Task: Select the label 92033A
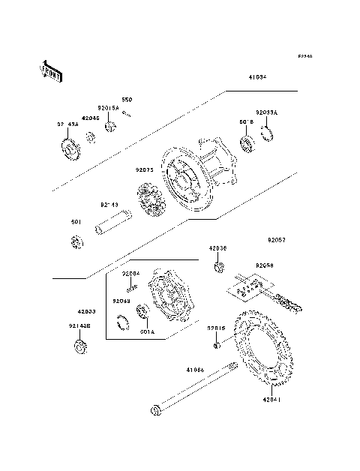(x=266, y=112)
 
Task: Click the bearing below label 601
(x=76, y=243)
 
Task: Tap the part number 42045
(x=90, y=118)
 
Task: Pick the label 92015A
(x=108, y=107)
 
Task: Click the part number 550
(x=127, y=100)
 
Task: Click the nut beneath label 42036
(x=218, y=268)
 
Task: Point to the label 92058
(x=264, y=265)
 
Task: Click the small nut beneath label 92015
(x=216, y=344)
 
